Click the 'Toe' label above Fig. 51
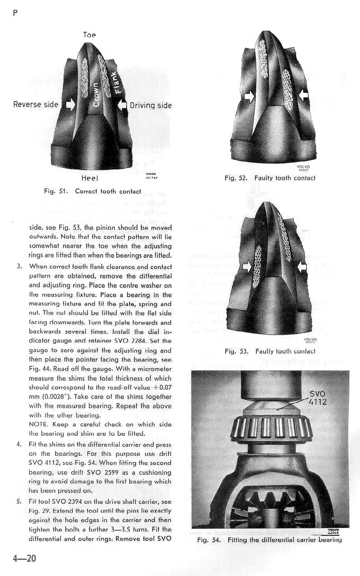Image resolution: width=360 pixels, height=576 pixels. tap(89, 35)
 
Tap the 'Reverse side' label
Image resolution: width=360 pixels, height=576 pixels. tap(35, 104)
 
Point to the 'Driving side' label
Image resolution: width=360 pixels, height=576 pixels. tap(150, 105)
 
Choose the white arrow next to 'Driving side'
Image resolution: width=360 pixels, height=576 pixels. tap(122, 105)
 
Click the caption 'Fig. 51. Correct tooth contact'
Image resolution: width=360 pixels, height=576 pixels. tap(93, 191)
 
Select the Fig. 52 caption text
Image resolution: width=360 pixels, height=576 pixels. tap(270, 178)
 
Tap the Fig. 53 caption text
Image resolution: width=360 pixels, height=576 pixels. tap(270, 351)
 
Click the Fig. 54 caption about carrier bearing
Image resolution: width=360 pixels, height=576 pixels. tap(269, 540)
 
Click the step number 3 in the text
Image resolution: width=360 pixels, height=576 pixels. tap(19, 267)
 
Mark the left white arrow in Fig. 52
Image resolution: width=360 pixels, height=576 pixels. tap(248, 95)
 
